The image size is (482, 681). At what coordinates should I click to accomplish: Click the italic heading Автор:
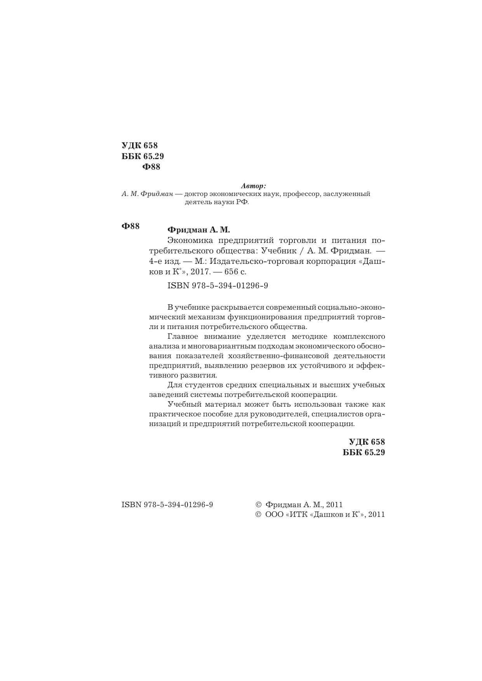[x=253, y=186]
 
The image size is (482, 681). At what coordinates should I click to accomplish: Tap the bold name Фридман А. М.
[x=199, y=230]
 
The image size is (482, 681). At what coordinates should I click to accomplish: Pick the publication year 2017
[x=210, y=272]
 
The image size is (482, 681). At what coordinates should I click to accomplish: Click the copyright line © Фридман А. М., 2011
[x=299, y=504]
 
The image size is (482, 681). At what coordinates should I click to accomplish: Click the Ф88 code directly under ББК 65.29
[x=151, y=167]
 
